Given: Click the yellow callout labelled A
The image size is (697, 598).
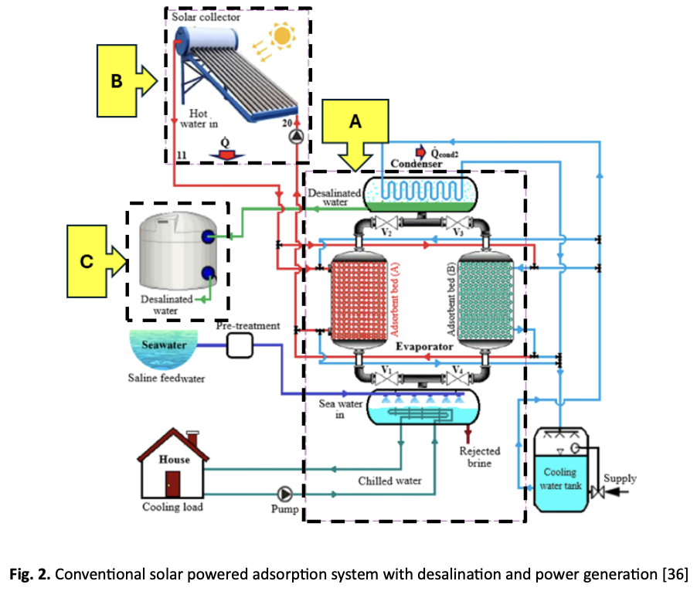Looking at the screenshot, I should [355, 124].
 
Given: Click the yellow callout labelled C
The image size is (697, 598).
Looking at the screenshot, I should [87, 262].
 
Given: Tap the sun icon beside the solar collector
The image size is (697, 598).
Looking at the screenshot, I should [283, 35].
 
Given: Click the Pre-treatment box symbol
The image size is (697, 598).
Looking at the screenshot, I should [240, 346].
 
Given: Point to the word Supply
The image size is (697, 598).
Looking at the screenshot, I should [620, 478].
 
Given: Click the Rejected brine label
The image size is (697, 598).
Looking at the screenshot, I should [480, 457].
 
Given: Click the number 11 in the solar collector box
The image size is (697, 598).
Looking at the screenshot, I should [182, 155].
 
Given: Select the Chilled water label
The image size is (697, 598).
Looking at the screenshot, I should [390, 481].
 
